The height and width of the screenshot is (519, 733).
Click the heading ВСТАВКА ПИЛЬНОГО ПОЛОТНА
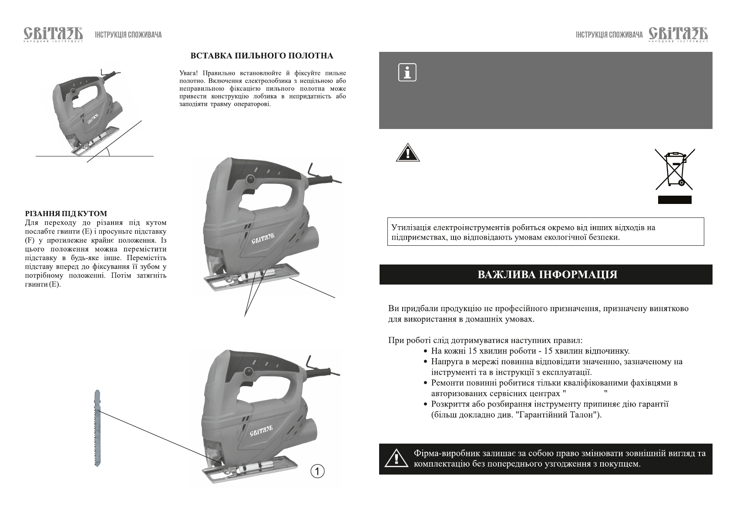click(262, 56)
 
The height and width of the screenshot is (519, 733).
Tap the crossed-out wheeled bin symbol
click(674, 169)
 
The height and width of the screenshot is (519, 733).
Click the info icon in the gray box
click(407, 73)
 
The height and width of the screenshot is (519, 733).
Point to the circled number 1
click(318, 471)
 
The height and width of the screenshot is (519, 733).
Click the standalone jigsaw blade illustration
click(98, 428)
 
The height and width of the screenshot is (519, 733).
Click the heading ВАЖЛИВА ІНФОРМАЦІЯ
click(547, 275)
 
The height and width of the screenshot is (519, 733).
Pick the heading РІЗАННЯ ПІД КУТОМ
click(66, 214)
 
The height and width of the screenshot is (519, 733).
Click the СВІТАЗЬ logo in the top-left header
click(53, 34)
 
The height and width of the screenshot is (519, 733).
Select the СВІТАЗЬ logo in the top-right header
click(678, 34)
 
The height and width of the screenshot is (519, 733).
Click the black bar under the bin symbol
click(674, 200)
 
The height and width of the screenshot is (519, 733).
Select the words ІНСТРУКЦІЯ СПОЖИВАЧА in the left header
click(128, 35)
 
